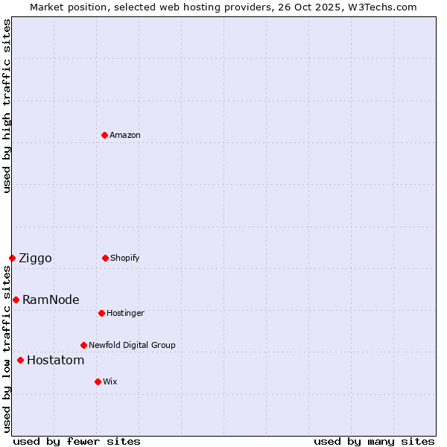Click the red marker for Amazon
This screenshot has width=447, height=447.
tap(105, 135)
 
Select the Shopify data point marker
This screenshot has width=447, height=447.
tap(106, 258)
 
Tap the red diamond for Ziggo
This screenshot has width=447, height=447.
tap(12, 258)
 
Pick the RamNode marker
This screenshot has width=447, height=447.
tap(16, 299)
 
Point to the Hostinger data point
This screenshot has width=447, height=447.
tap(102, 313)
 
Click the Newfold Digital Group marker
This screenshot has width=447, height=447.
tap(84, 345)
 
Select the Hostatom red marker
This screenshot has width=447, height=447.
tap(20, 361)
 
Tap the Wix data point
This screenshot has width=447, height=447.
tap(98, 381)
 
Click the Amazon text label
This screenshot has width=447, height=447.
tap(125, 135)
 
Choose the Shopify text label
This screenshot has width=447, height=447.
tap(125, 258)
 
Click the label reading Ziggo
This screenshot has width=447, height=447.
tap(35, 259)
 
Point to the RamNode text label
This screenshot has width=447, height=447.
tap(51, 300)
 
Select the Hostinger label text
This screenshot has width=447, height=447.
tap(125, 313)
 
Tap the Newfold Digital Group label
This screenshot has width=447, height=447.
tap(132, 345)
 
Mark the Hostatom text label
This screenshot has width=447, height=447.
tap(55, 361)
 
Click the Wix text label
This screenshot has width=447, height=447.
tap(110, 381)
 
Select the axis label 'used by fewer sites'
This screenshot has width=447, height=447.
tap(77, 441)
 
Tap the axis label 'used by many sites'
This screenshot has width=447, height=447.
tap(374, 441)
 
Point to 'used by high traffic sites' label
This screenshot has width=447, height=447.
tap(7, 106)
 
